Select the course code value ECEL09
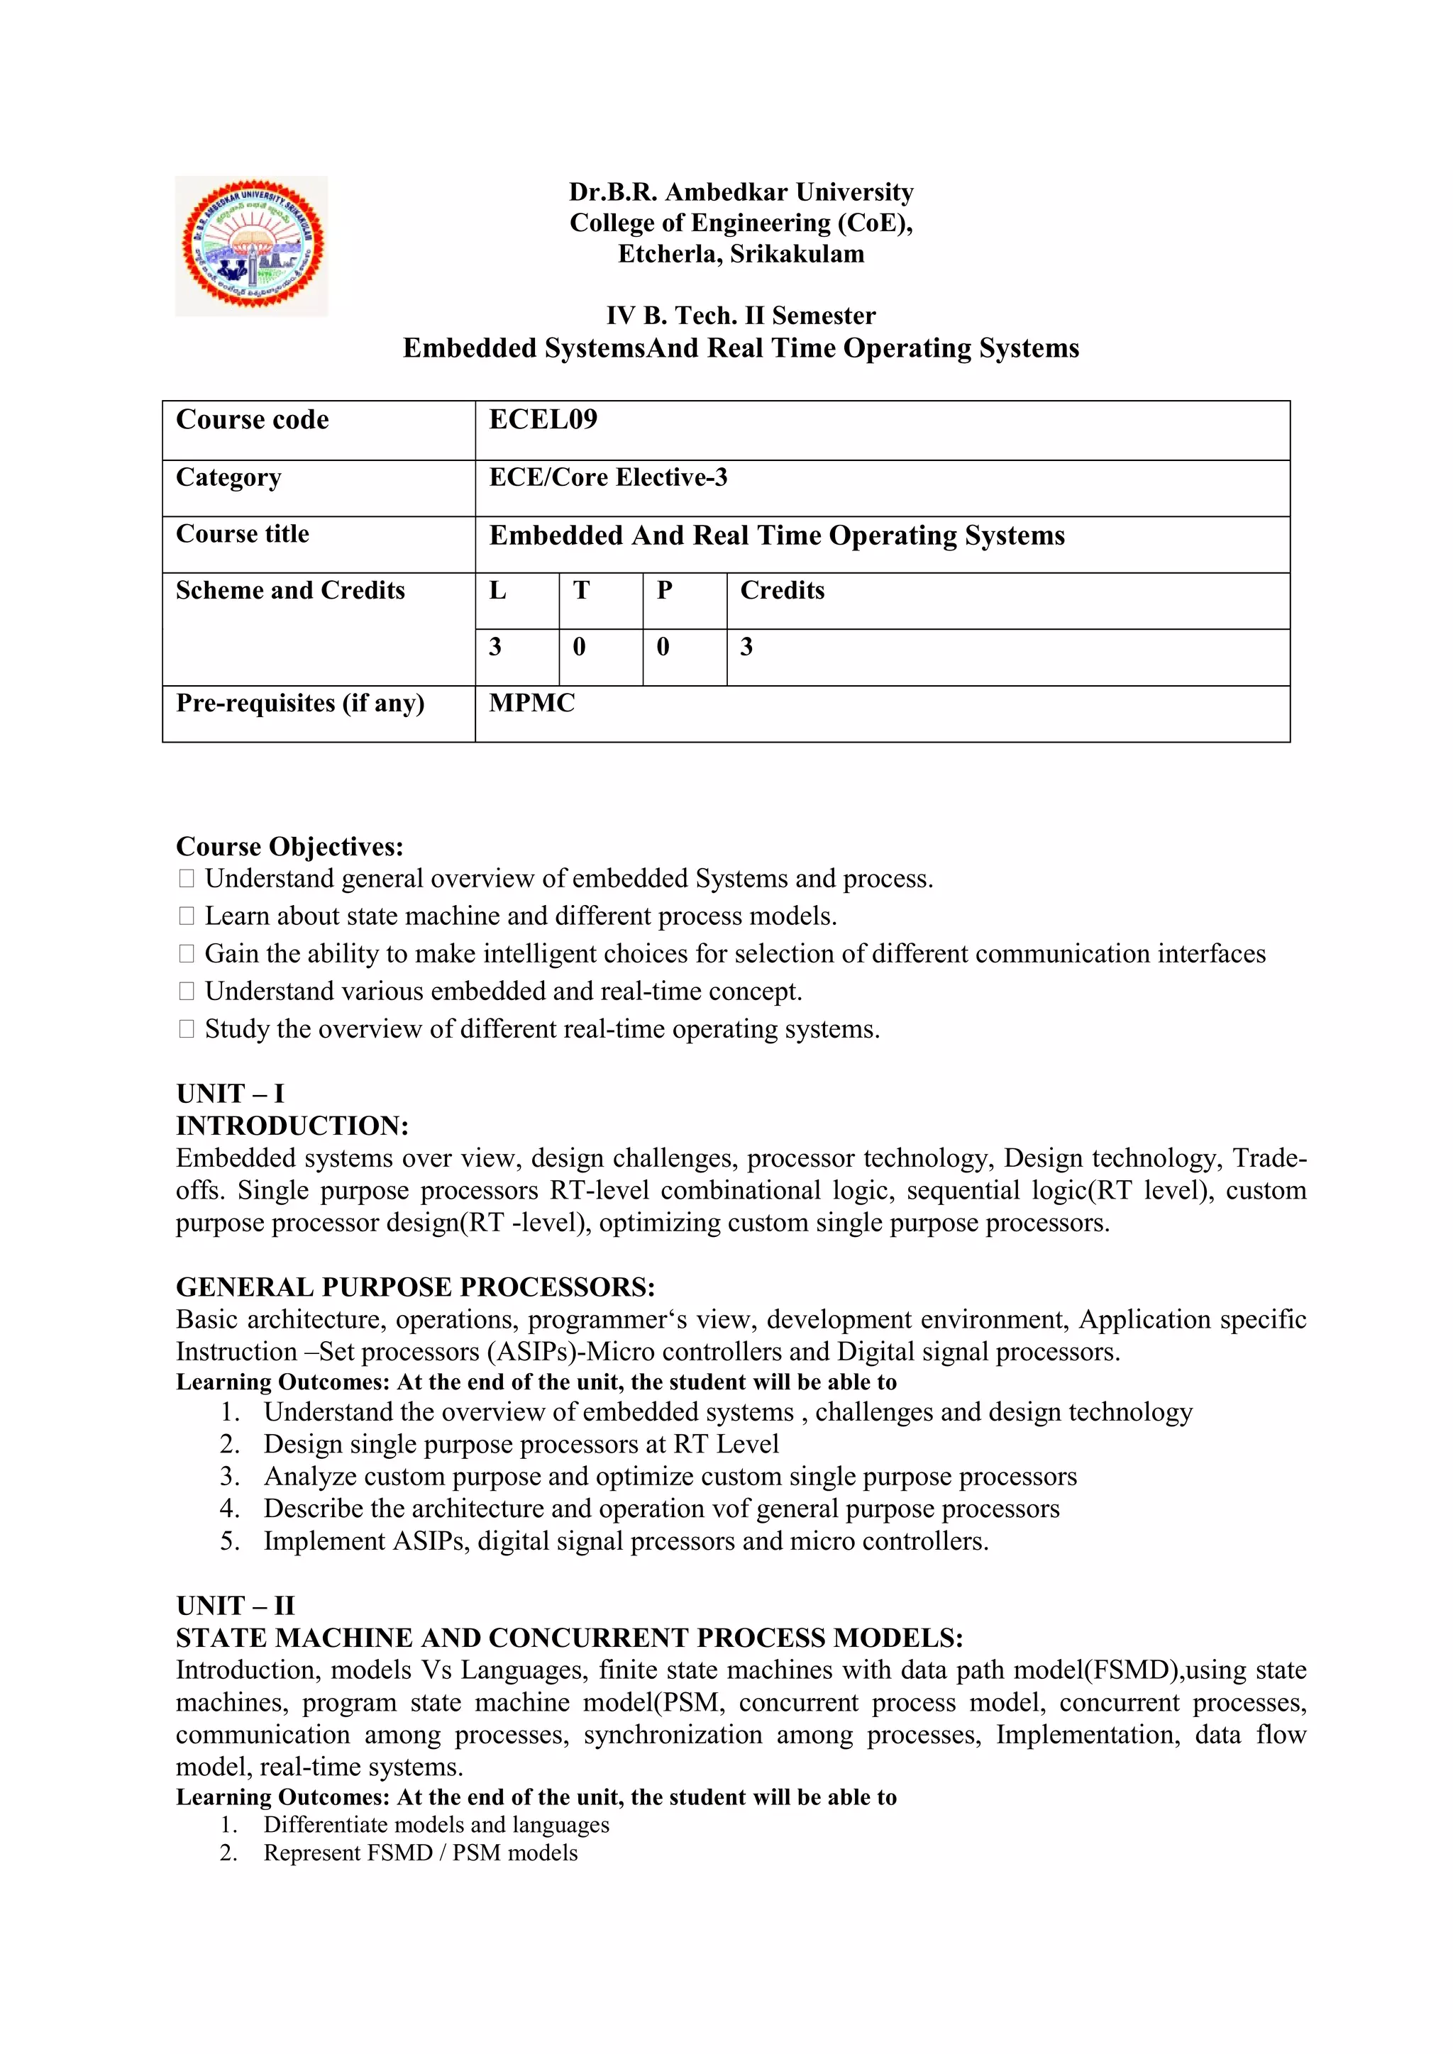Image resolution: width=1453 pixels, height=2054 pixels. (543, 420)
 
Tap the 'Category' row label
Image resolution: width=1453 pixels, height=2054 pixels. (228, 478)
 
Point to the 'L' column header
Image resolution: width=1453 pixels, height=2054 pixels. (497, 590)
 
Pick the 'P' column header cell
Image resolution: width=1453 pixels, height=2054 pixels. (664, 590)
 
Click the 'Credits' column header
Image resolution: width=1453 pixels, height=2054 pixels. (782, 590)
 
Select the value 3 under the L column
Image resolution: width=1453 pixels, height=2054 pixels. (495, 647)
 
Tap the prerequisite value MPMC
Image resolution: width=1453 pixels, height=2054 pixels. (531, 703)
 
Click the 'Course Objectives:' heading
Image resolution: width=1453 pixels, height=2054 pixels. (289, 846)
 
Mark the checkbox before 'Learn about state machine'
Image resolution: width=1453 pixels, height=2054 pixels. (186, 916)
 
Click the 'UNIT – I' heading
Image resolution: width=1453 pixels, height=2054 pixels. (230, 1093)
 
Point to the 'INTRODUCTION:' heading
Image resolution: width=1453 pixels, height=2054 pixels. (292, 1126)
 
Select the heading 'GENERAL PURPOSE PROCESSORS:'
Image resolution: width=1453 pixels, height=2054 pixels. (415, 1287)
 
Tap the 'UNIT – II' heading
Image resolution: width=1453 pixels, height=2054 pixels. (236, 1605)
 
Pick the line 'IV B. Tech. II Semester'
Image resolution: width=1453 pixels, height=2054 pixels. (741, 316)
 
